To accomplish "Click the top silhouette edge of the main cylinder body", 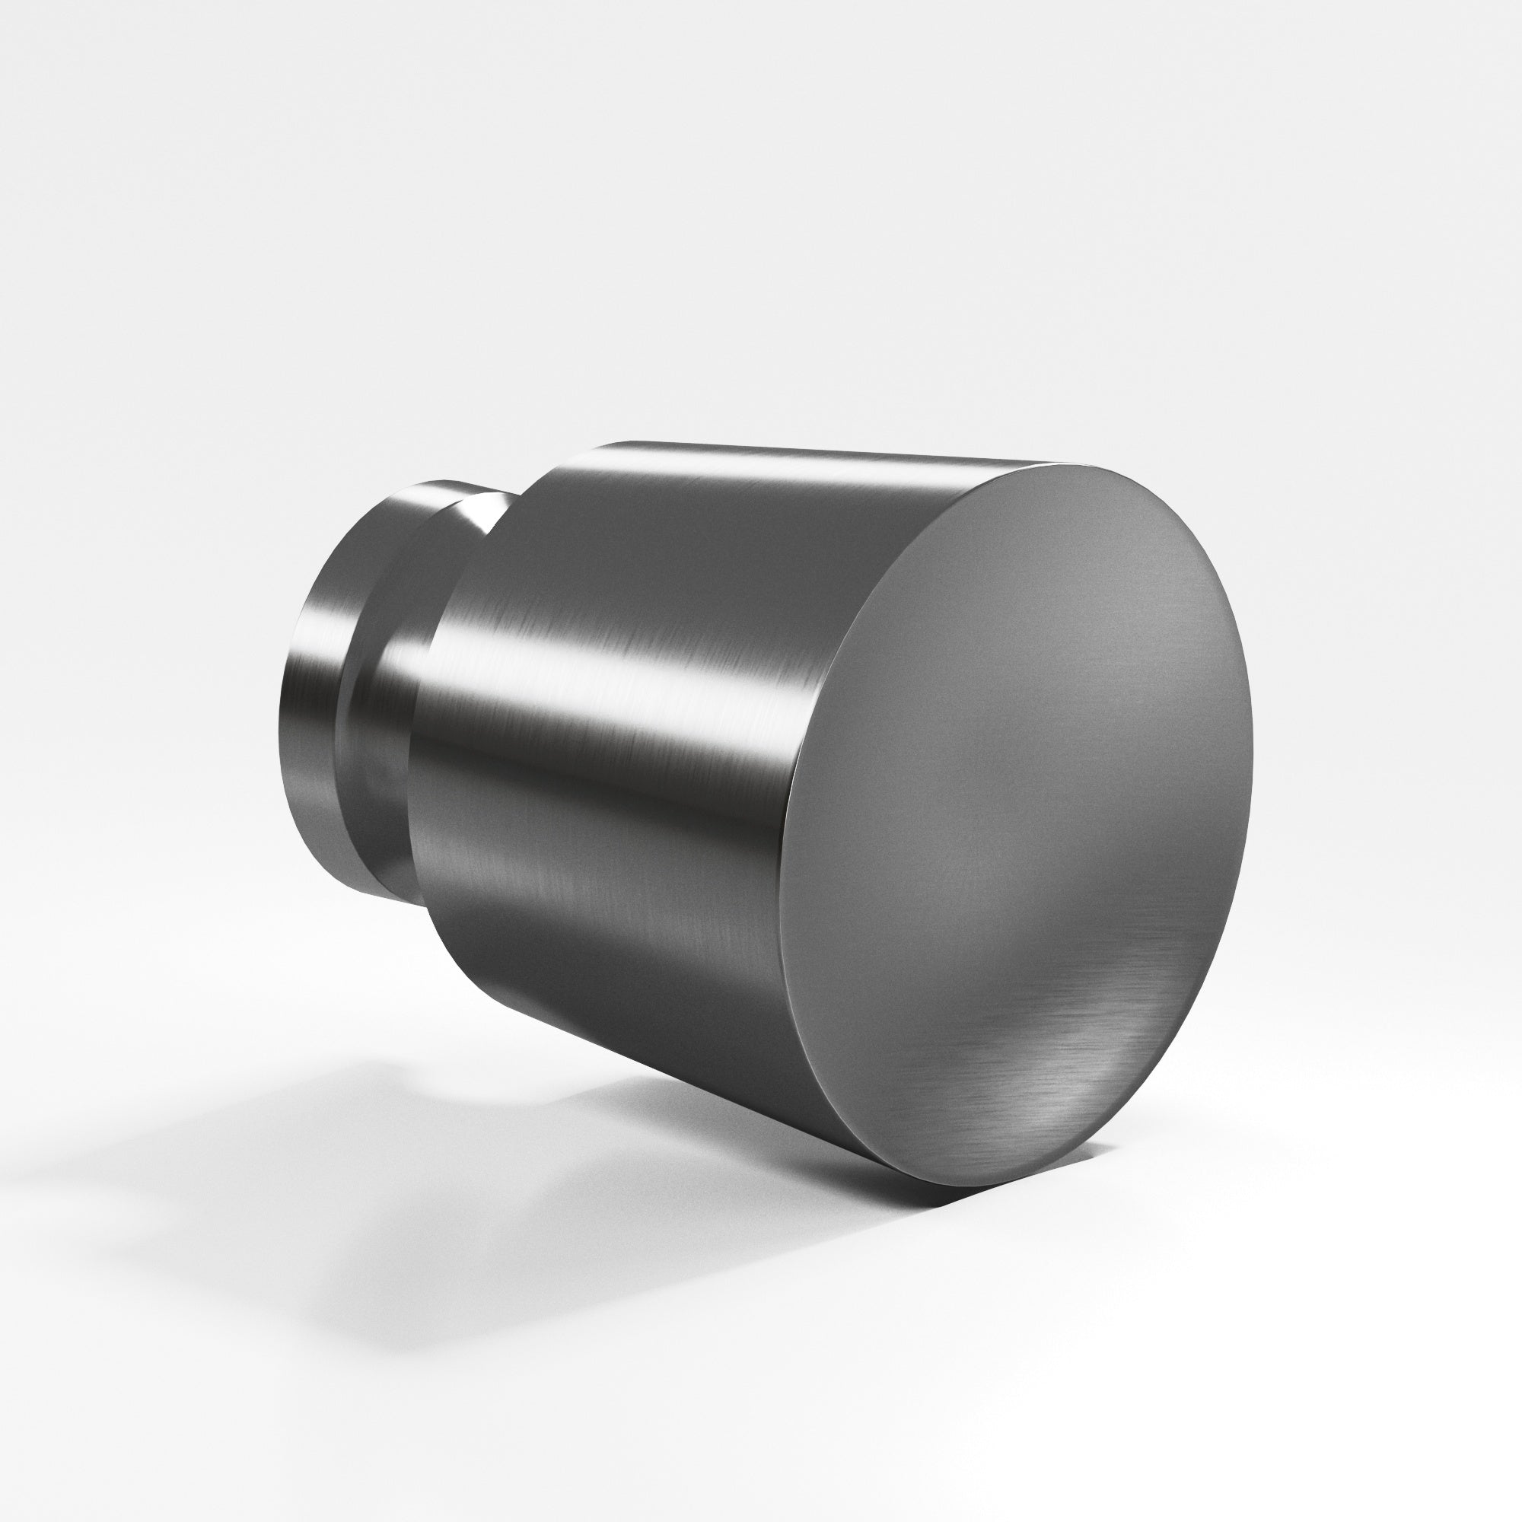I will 788,450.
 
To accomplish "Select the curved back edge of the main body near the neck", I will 425,709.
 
